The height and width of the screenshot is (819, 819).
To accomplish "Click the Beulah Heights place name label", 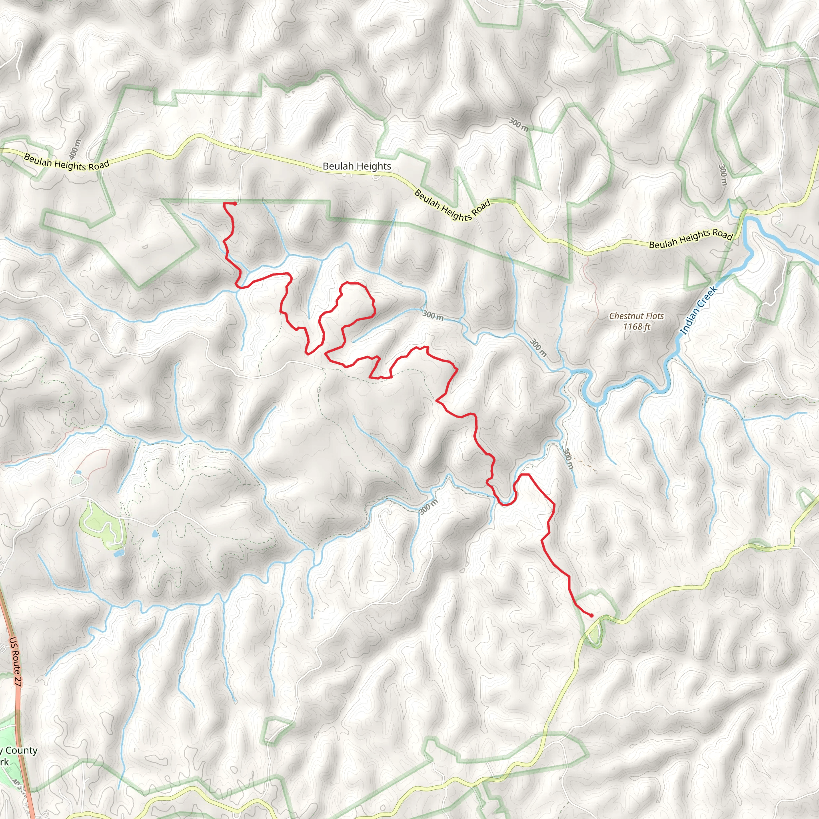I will (x=357, y=166).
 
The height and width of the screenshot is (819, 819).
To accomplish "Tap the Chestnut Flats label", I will (x=636, y=316).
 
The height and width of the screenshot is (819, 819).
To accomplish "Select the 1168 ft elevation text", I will (x=636, y=326).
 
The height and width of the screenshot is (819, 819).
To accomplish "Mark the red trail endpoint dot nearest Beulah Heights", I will (x=234, y=204).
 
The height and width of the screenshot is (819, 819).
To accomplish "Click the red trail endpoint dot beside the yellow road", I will (x=591, y=615).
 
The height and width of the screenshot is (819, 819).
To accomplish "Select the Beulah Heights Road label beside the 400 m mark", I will (x=66, y=162).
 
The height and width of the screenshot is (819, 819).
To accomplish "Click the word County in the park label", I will (x=21, y=750).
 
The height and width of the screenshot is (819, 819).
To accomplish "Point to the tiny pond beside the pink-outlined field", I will (x=79, y=472).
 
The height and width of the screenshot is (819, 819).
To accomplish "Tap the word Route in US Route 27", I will (x=15, y=662).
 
